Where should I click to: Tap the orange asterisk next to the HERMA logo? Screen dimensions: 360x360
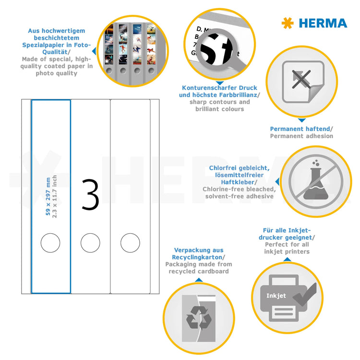(287, 23)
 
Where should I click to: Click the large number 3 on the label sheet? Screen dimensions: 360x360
(90, 194)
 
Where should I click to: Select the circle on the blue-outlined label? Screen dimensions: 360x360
(50, 243)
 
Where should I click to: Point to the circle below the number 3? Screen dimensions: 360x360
(90, 243)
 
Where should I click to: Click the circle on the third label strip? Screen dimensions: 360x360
(130, 243)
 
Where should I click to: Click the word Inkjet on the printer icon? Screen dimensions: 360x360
(276, 296)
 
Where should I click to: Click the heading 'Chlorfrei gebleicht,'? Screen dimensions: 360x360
(239, 168)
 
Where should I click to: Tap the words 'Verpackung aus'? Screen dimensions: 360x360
(199, 250)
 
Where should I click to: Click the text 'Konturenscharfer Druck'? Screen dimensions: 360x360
(219, 88)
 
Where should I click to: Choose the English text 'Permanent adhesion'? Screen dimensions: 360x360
(301, 136)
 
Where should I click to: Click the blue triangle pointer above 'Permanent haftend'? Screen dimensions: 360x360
(301, 120)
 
